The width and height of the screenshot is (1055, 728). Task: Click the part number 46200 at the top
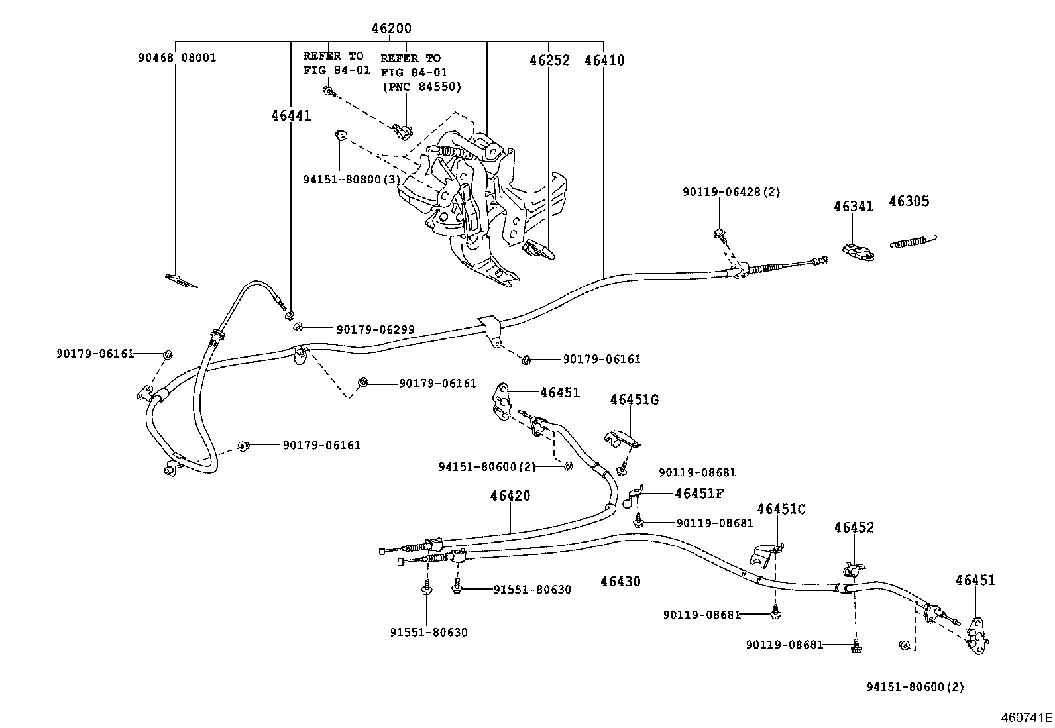pyautogui.click(x=391, y=28)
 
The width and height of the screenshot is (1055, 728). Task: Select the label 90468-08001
pyautogui.click(x=177, y=58)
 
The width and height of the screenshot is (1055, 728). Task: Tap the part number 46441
pyautogui.click(x=291, y=115)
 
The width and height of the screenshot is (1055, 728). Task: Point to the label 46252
pyautogui.click(x=549, y=60)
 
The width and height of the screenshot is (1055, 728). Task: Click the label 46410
pyautogui.click(x=604, y=60)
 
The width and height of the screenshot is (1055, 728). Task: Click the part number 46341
pyautogui.click(x=854, y=206)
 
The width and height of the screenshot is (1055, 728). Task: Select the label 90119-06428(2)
pyautogui.click(x=732, y=192)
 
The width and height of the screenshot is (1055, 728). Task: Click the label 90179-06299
pyautogui.click(x=375, y=329)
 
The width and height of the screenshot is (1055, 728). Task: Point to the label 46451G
pyautogui.click(x=634, y=399)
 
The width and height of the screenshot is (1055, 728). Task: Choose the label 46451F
pyautogui.click(x=699, y=493)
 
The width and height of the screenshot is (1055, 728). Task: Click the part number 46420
pyautogui.click(x=510, y=495)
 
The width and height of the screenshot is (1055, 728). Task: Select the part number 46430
pyautogui.click(x=620, y=582)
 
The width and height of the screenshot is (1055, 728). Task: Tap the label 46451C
pyautogui.click(x=781, y=509)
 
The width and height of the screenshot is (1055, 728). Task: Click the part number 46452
pyautogui.click(x=854, y=527)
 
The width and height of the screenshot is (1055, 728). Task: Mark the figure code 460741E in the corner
pyautogui.click(x=1026, y=717)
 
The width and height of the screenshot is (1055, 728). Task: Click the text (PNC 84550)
pyautogui.click(x=421, y=87)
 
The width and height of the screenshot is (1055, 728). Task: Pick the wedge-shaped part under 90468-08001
pyautogui.click(x=181, y=281)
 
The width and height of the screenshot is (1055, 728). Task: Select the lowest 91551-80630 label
pyautogui.click(x=428, y=633)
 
